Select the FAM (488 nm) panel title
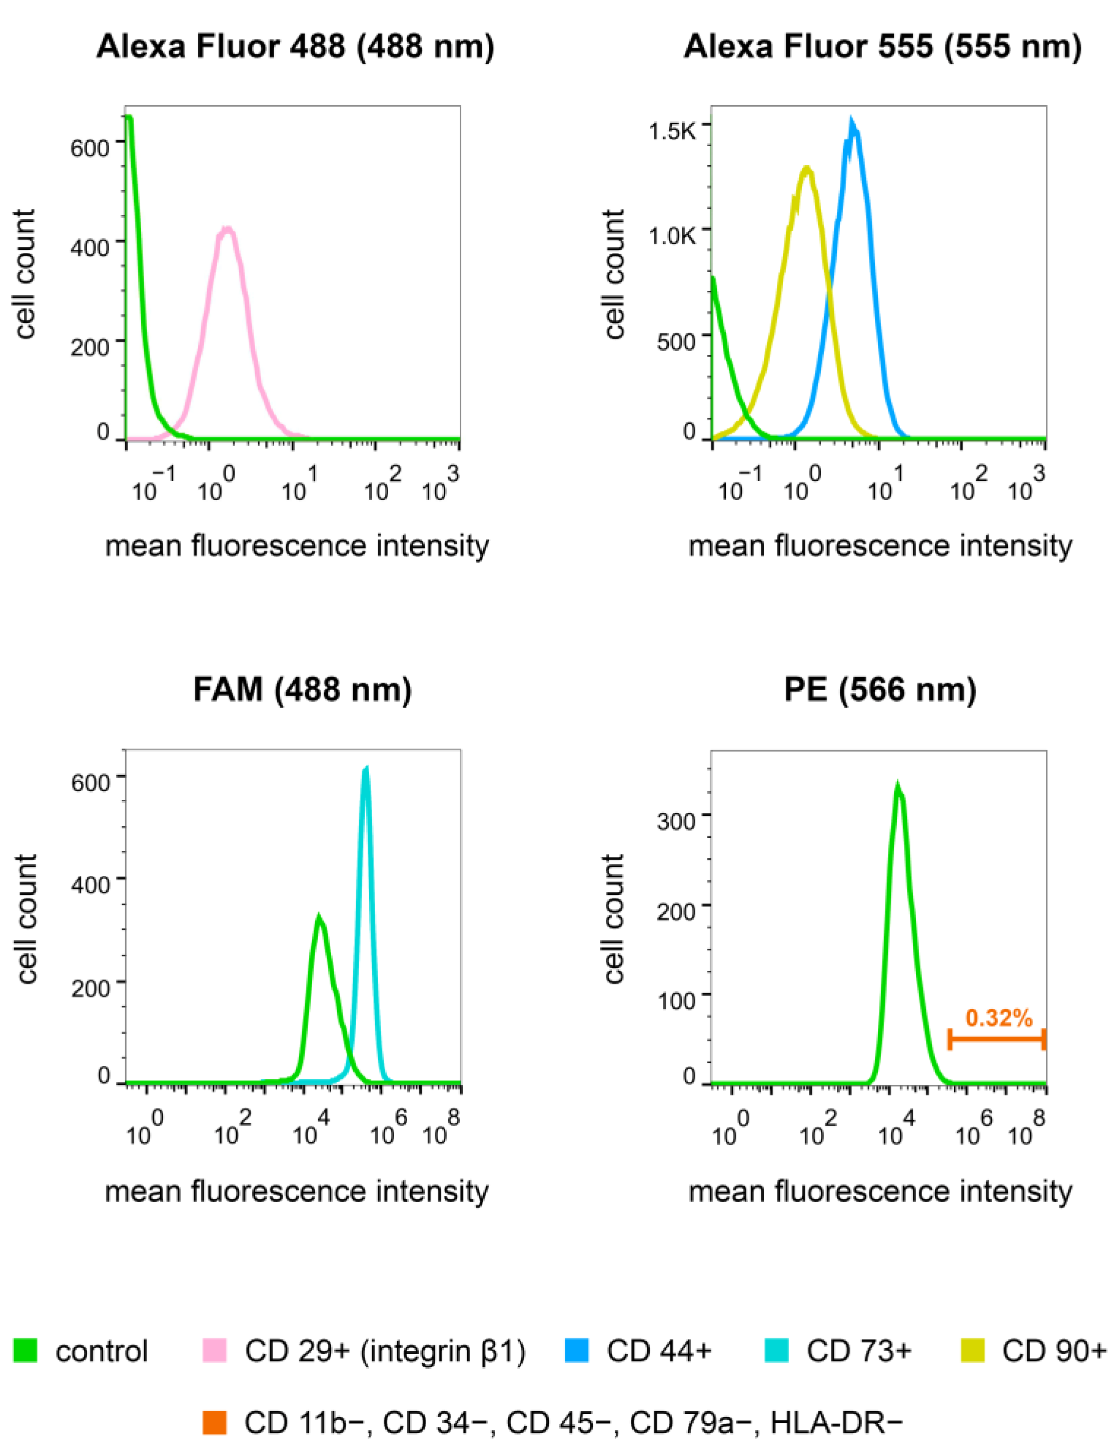(x=302, y=690)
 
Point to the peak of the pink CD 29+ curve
(x=227, y=229)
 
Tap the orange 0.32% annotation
(x=999, y=1018)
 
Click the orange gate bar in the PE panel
(x=997, y=1039)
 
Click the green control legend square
(x=25, y=1350)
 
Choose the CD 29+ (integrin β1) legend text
(x=385, y=1351)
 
